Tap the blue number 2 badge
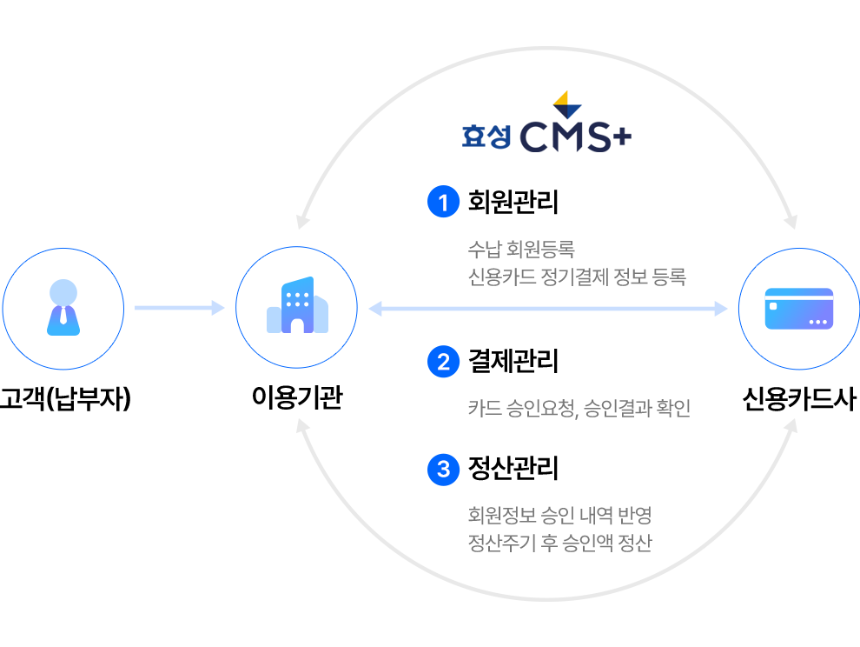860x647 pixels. (x=443, y=361)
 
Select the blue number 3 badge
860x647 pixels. (x=443, y=470)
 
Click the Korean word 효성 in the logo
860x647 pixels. (x=486, y=137)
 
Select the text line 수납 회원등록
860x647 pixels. (x=521, y=250)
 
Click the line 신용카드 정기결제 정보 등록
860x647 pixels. (x=577, y=277)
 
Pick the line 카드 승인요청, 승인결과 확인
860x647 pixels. (x=579, y=408)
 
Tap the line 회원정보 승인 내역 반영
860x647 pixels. (x=559, y=515)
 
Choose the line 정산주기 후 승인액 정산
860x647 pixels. (x=559, y=544)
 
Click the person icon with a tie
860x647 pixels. (x=63, y=308)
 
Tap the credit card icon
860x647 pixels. (x=798, y=309)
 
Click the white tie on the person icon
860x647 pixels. (x=63, y=315)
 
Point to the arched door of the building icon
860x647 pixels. (x=297, y=324)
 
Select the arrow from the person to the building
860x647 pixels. (x=179, y=308)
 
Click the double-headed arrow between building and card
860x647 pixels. (x=547, y=308)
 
